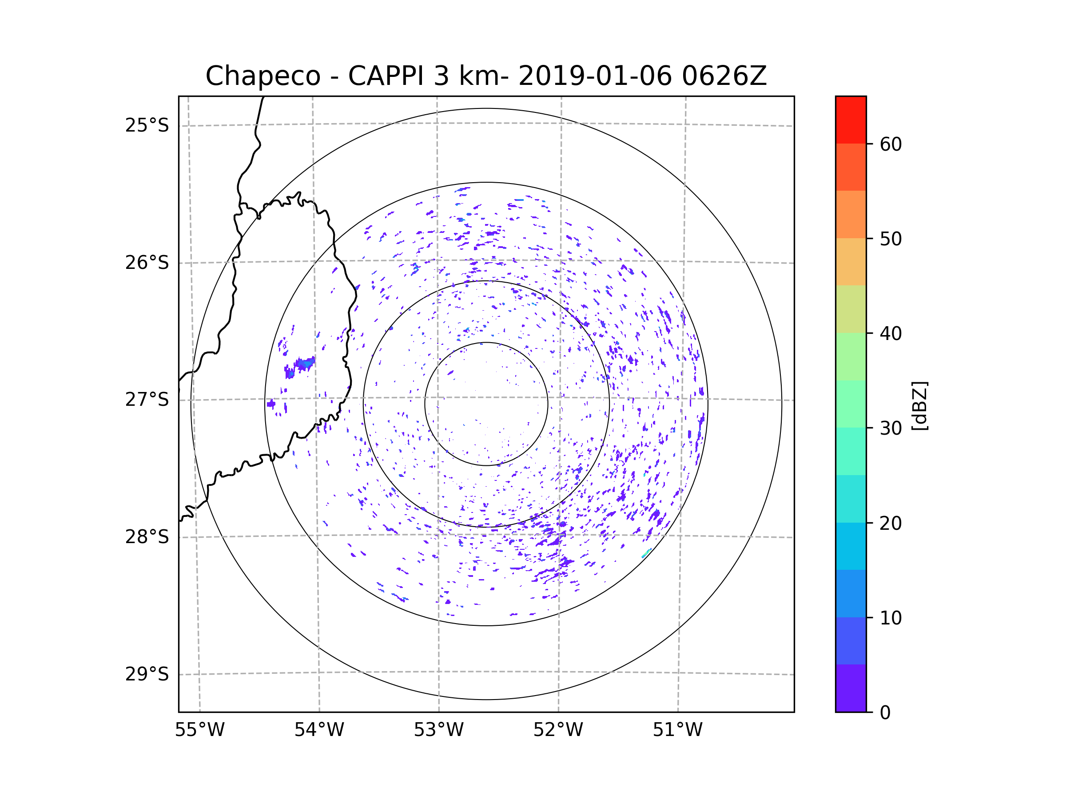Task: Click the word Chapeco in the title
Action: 263,76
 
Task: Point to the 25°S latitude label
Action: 147,125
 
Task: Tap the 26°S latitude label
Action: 147,263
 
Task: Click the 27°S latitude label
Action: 147,400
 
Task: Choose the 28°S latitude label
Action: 147,537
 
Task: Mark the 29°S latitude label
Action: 147,674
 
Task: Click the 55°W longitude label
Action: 199,730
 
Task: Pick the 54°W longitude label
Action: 319,730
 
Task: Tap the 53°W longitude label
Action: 438,730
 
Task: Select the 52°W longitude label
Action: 558,730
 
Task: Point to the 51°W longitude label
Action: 677,730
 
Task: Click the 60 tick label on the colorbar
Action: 891,144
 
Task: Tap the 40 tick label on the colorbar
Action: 891,334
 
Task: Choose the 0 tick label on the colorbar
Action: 885,713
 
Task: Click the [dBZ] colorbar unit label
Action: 919,406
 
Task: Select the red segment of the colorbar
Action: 851,120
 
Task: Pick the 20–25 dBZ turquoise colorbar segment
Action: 851,499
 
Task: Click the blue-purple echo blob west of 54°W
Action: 302,365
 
